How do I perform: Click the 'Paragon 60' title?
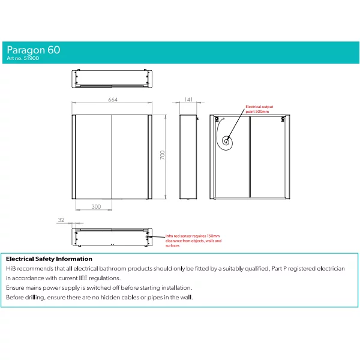pos(34,50)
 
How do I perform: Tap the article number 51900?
pos(31,58)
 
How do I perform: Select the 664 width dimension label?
pos(113,100)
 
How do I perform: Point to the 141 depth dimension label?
pos(188,100)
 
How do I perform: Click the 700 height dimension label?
pos(163,155)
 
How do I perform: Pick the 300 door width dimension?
pos(96,206)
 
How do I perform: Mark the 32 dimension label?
pos(61,220)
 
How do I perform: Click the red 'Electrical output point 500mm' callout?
pos(259,109)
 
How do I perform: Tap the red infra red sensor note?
pos(193,241)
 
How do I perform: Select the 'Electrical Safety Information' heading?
pos(49,259)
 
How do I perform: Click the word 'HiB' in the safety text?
pos(11,269)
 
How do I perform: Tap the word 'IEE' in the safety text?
pos(83,278)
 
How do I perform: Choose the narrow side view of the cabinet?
pos(188,157)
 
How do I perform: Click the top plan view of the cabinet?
pos(112,79)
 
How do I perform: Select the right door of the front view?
pos(130,157)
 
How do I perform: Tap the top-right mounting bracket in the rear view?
pos(283,119)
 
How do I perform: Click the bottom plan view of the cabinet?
pos(112,237)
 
